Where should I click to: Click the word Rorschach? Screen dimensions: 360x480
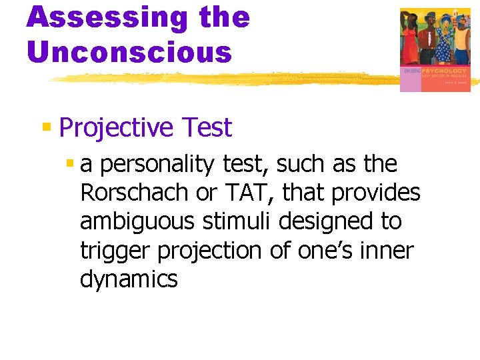[x=133, y=193]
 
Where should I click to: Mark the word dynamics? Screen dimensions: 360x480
[x=129, y=279]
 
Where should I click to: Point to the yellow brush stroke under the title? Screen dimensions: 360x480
[x=220, y=79]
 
